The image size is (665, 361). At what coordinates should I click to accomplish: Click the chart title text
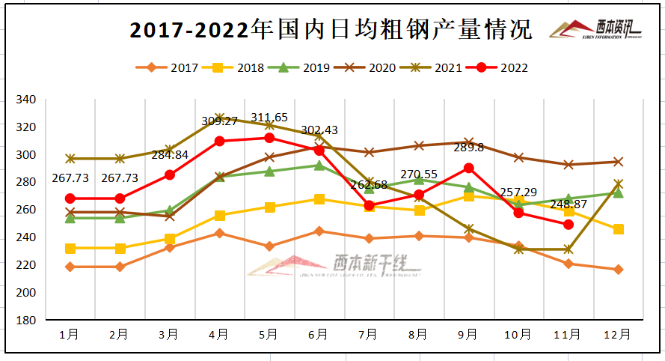(x=331, y=30)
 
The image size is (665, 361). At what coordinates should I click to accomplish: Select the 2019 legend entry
(x=304, y=68)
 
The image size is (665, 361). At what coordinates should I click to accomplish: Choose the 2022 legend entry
(x=504, y=68)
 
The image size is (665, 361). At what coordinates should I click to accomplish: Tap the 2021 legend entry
(x=438, y=68)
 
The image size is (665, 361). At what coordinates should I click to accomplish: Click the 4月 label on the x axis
(x=218, y=335)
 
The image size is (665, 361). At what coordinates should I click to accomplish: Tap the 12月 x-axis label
(x=618, y=335)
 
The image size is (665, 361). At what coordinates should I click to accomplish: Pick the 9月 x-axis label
(x=468, y=335)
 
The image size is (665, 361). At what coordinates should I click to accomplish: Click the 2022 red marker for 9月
(x=468, y=168)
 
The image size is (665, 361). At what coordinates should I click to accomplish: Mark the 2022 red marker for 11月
(x=569, y=224)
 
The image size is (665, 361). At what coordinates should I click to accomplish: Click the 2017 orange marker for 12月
(x=619, y=270)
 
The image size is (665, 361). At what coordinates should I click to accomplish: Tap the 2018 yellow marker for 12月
(x=619, y=229)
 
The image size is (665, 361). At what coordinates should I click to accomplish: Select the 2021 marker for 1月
(x=70, y=159)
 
